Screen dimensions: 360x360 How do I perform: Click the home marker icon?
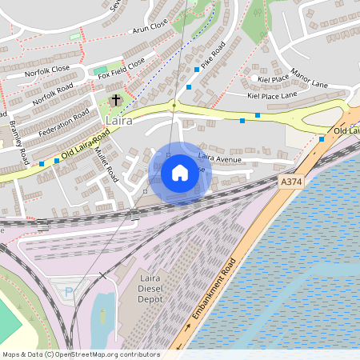(x=180, y=172)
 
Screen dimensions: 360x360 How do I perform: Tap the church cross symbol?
(x=117, y=100)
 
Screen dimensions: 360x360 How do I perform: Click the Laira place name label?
(x=118, y=120)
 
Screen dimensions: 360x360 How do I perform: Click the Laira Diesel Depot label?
(x=150, y=288)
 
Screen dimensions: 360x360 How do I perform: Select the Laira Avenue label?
(x=219, y=158)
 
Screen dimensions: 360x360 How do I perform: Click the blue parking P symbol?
(x=68, y=292)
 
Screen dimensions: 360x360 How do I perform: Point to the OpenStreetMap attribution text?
(x=80, y=354)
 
